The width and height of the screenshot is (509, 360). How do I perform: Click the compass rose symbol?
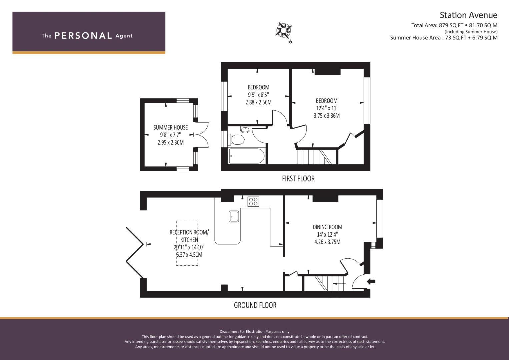coord(284,30)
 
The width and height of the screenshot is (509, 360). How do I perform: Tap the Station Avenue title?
coord(469,15)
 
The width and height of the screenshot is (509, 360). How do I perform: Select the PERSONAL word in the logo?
coord(83,36)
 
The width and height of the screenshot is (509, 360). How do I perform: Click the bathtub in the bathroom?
coord(247,156)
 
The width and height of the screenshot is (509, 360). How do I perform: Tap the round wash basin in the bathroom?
coord(245,130)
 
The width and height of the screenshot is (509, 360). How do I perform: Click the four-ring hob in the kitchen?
coord(253,202)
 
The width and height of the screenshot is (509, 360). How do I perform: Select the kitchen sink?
coord(234,216)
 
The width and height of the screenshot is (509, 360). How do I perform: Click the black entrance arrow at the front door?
coord(371,282)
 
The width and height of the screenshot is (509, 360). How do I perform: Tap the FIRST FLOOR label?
coord(298,179)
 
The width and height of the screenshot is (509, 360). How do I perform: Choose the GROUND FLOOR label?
coord(255,305)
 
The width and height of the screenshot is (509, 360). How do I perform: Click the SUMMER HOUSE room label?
coord(170,127)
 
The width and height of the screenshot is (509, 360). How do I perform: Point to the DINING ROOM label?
coord(327,227)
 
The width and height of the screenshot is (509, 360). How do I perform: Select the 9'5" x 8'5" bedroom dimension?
coord(258,95)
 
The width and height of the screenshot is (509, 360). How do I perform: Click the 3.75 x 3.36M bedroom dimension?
coord(327,116)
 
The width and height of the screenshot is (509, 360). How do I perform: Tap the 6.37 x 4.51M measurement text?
coord(189,255)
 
